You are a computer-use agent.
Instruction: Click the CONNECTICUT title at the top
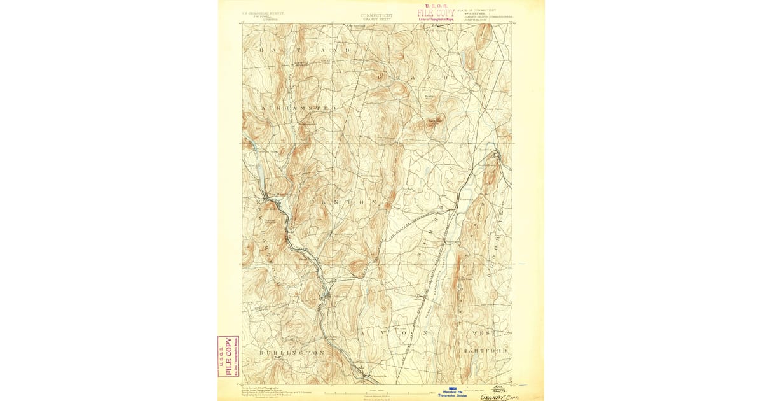(376, 15)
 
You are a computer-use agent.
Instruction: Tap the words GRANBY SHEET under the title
(376, 19)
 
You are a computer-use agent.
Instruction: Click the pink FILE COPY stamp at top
(436, 12)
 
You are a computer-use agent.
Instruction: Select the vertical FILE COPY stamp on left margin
(228, 356)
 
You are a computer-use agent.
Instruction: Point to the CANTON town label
(347, 202)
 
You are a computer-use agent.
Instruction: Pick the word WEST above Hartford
(482, 334)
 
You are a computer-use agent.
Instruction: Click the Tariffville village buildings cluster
(497, 155)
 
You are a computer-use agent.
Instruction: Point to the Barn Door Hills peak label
(435, 119)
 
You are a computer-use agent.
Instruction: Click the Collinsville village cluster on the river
(328, 295)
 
